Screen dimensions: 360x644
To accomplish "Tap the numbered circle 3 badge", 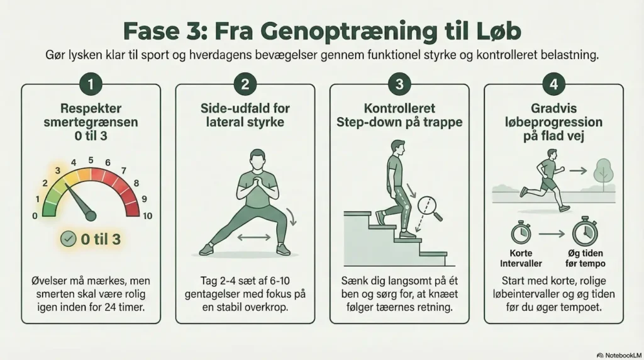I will tap(399, 84).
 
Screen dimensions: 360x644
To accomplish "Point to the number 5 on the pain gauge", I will tap(91, 160).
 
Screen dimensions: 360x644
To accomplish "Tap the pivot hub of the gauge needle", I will tap(91, 216).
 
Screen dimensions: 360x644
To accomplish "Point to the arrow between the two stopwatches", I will tap(553, 233).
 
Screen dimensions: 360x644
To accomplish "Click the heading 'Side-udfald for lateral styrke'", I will tap(245, 115).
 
